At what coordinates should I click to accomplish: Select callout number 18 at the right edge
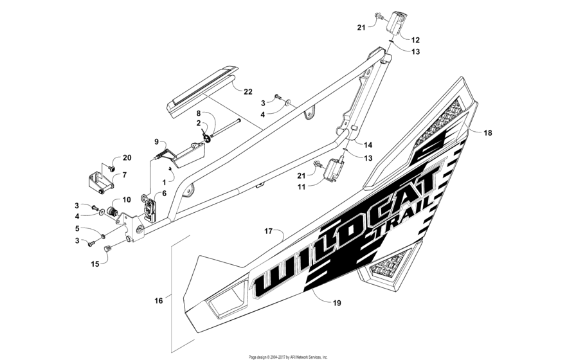click(488, 132)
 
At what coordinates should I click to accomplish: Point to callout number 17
click(269, 230)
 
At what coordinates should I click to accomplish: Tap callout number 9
click(156, 141)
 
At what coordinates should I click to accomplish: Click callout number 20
click(127, 158)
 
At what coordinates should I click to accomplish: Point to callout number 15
click(95, 264)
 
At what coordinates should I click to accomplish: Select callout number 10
click(127, 200)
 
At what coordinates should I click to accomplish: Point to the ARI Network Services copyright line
click(288, 356)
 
